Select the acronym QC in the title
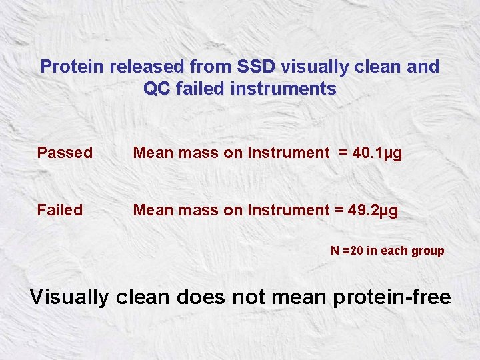tap(158, 88)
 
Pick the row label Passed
tap(65, 153)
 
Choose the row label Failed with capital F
tap(60, 210)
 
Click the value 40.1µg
tap(377, 153)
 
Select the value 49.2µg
tap(374, 210)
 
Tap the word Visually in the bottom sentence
tap(69, 297)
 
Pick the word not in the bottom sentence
tap(247, 297)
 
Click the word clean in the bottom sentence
tap(143, 297)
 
